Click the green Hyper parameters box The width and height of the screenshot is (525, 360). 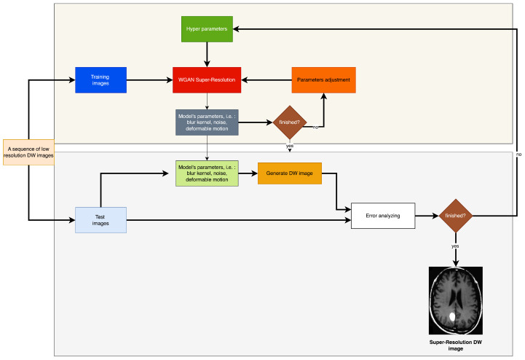coord(206,28)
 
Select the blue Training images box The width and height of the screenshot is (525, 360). coord(100,79)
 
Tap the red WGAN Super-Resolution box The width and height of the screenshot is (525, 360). coord(207,79)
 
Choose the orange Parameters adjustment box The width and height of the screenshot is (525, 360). coord(324,79)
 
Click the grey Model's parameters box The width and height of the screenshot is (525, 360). coord(207,122)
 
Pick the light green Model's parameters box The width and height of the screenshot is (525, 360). coord(207,173)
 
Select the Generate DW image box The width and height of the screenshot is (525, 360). coord(289,173)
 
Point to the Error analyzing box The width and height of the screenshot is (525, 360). coord(383,216)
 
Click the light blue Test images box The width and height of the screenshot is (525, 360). coord(100,219)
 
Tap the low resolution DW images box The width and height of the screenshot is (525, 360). coord(29,152)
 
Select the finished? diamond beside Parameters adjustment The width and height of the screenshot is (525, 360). coord(289,122)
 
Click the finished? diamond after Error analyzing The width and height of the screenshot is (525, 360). coord(456,216)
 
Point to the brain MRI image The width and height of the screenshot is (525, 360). coord(456,300)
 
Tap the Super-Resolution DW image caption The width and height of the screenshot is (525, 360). coord(456,345)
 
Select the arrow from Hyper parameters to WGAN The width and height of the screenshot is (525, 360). coord(207,54)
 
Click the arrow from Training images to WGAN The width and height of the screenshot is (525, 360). coord(149,79)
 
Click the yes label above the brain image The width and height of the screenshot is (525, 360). coord(456,246)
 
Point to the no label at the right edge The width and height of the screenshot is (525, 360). coord(518,154)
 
